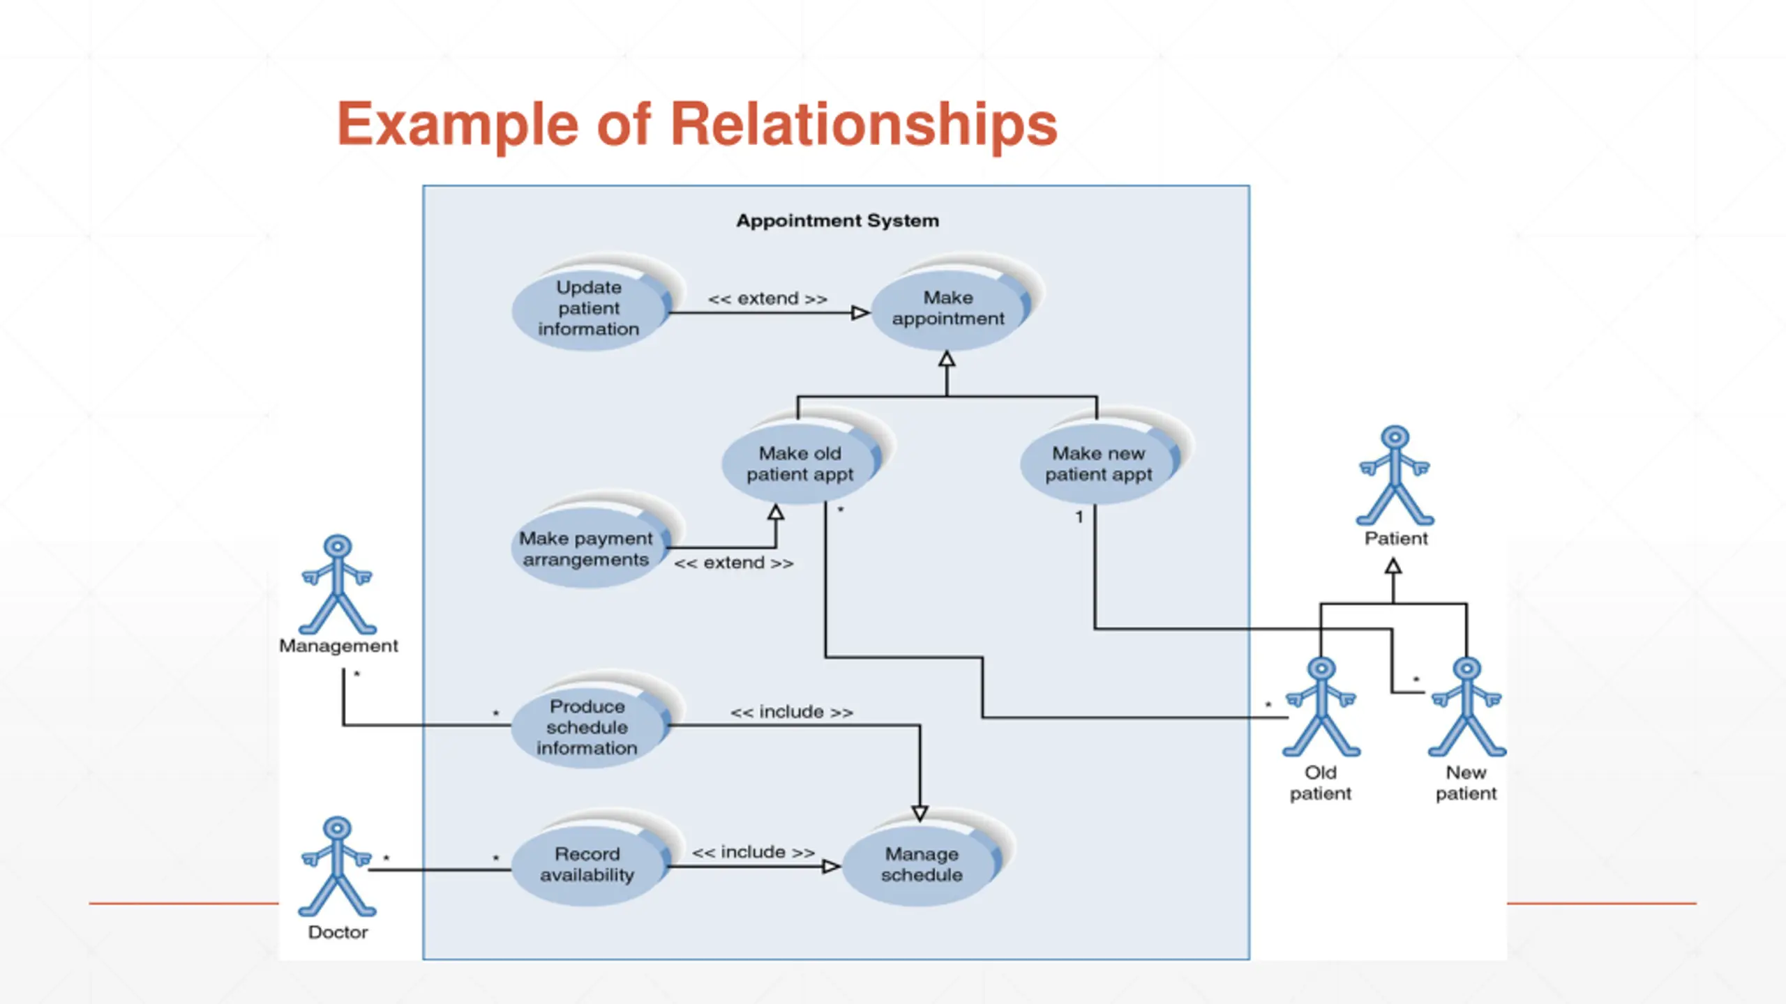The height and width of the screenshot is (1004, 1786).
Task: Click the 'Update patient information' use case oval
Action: coord(590,307)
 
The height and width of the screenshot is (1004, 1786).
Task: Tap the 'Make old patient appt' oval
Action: coord(801,464)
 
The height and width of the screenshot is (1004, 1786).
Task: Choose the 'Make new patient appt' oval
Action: coord(1100,464)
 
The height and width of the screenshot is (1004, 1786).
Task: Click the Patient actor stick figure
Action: coord(1395,476)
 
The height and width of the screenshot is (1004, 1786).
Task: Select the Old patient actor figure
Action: coord(1321,707)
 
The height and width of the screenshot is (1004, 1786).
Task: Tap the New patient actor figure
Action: coord(1467,707)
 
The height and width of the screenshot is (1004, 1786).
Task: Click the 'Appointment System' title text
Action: coord(838,221)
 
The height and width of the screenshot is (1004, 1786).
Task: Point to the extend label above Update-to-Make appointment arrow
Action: coord(768,298)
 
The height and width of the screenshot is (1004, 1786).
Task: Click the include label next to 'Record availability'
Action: coord(753,852)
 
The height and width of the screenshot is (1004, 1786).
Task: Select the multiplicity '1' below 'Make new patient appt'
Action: coord(1079,517)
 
